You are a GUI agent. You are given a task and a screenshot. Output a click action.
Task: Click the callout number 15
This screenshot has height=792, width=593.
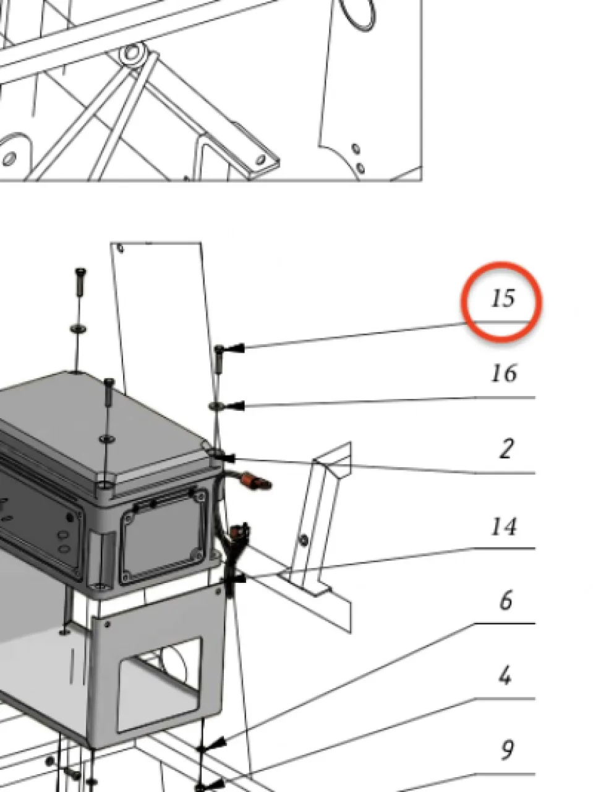point(503,298)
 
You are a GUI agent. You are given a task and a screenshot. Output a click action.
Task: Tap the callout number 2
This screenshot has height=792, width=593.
point(506,449)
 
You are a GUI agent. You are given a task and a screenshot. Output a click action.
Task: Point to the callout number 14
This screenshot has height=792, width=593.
point(504,527)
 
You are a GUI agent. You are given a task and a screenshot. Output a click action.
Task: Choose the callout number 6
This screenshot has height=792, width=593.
point(506,601)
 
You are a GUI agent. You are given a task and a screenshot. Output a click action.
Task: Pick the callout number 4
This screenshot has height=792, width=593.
point(505,676)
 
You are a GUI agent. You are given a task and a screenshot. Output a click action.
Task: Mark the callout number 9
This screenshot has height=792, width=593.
point(507,751)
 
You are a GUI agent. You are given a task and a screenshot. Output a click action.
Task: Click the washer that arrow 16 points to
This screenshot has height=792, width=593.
point(215,407)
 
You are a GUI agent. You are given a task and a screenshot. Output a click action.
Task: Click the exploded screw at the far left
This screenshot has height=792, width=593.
point(81,281)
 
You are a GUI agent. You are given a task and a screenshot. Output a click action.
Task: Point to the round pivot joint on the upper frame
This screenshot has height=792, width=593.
point(132,53)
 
